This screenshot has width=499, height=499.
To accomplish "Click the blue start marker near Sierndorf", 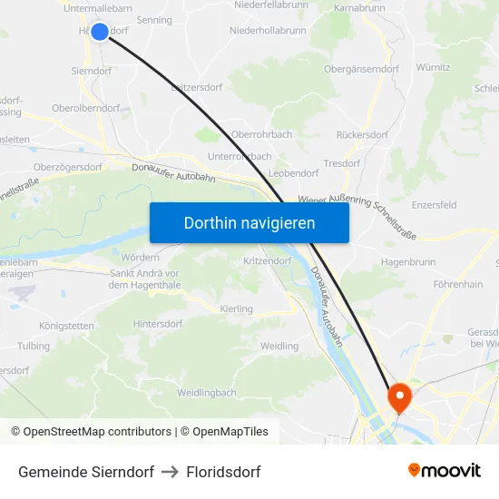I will click(x=100, y=32).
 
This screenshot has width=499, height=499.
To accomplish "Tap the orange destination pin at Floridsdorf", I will click(x=399, y=396).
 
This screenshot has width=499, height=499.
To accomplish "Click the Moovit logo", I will click(x=444, y=470).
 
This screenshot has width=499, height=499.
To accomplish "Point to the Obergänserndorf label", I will click(x=361, y=69).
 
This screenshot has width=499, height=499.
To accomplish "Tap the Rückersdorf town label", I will click(x=362, y=135).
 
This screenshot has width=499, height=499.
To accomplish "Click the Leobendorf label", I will click(x=294, y=172).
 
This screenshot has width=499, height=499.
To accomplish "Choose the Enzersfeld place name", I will click(x=435, y=206).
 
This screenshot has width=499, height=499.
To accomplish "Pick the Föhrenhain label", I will click(x=458, y=285).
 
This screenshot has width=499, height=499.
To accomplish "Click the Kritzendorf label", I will click(x=267, y=260).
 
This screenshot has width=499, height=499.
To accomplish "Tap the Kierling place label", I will click(x=237, y=309).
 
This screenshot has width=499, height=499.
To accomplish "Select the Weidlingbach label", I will click(x=206, y=393).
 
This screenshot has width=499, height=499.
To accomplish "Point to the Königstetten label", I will click(x=66, y=326).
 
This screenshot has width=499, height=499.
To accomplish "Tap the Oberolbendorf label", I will click(x=86, y=108).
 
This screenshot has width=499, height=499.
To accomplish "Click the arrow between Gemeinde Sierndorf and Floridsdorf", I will click(x=170, y=472).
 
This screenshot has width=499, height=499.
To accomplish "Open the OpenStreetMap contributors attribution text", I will click(x=97, y=432).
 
